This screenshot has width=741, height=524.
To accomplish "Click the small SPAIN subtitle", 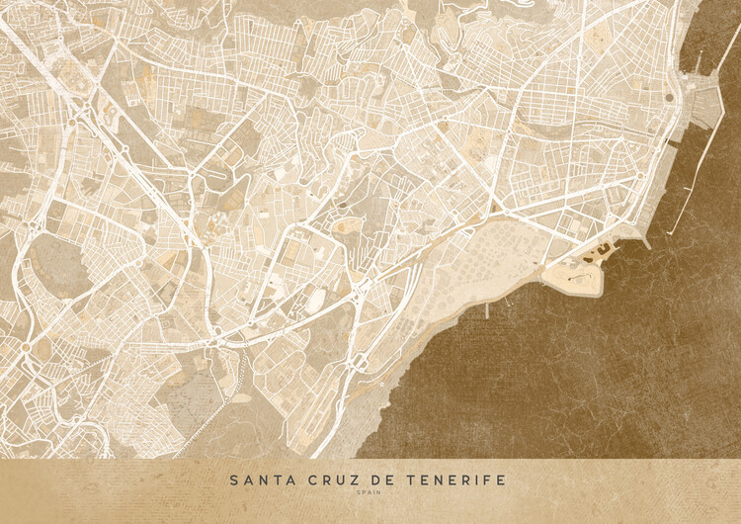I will point(370,494).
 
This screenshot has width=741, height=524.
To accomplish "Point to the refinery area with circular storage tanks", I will point(464,262).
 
